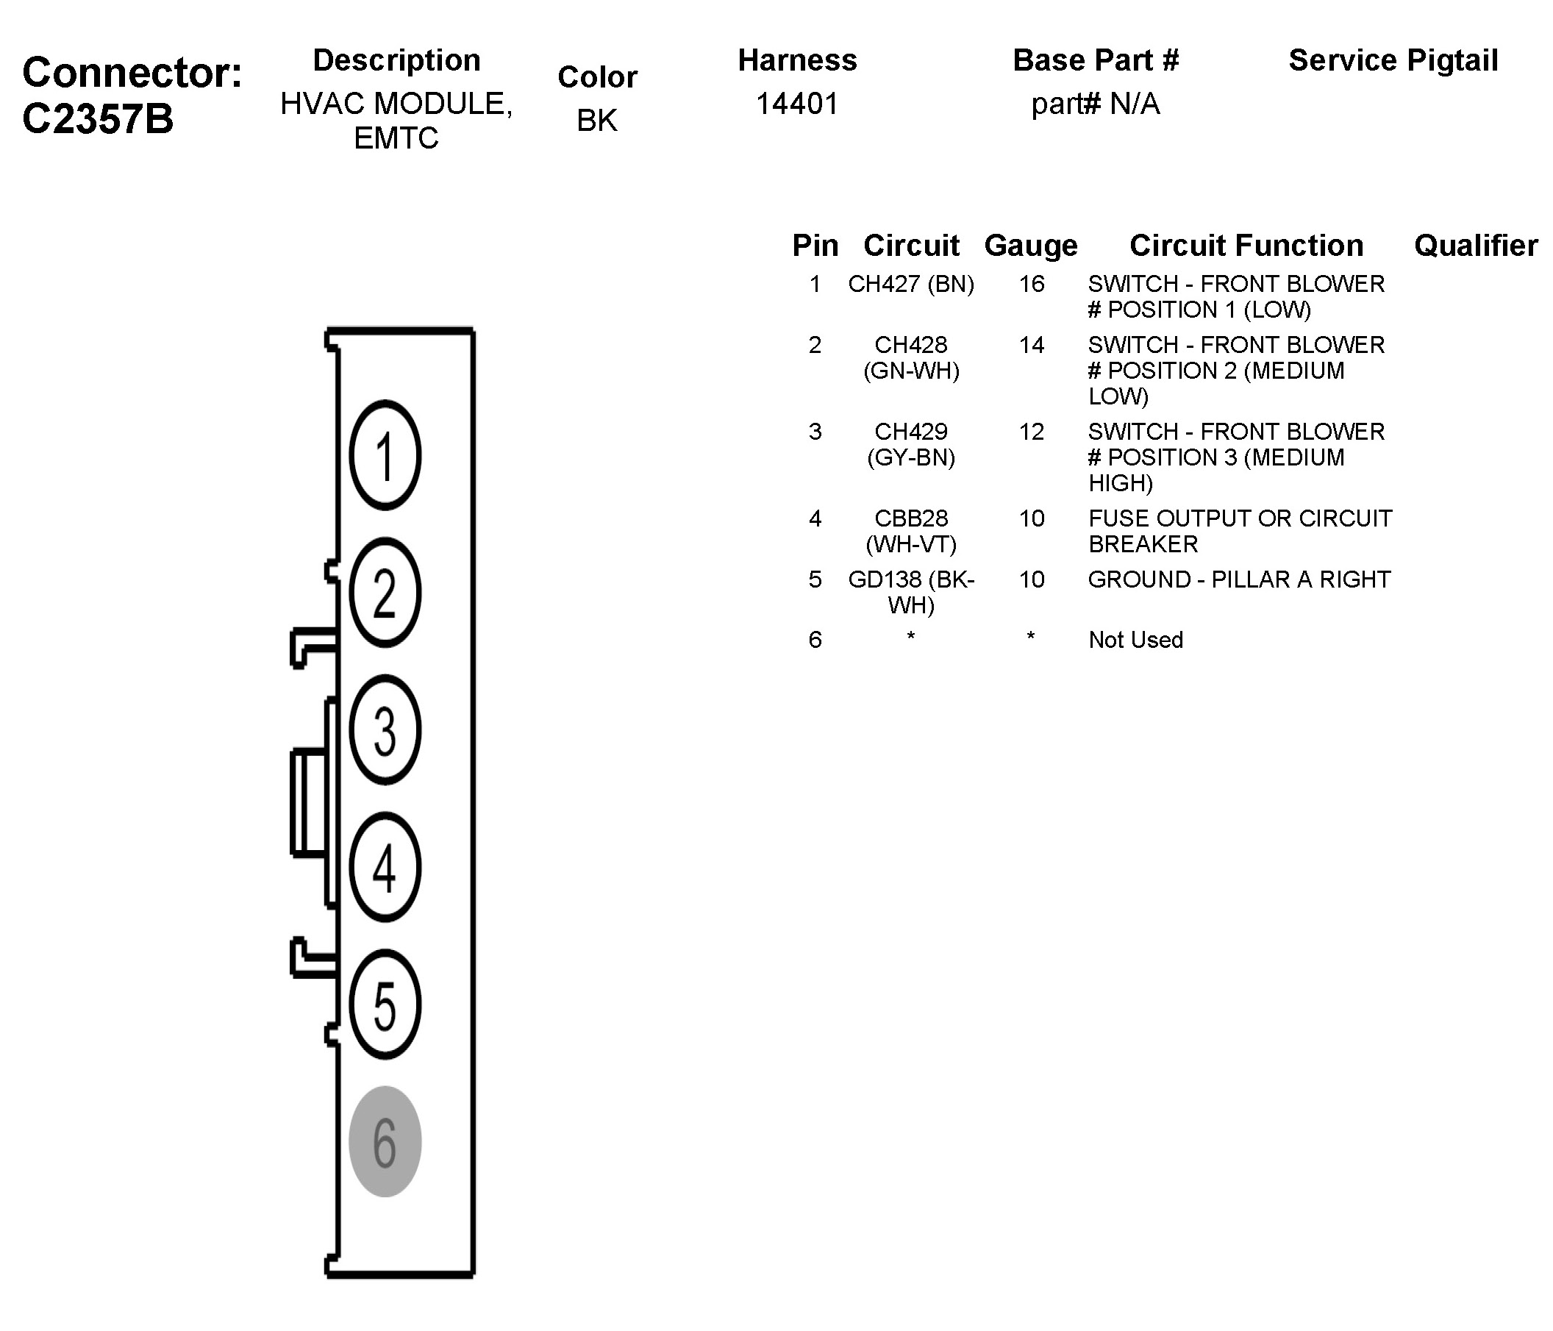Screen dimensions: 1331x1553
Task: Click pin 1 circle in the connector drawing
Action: tap(385, 455)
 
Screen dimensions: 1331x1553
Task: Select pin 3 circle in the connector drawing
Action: tap(385, 729)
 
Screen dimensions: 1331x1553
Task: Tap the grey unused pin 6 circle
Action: tap(385, 1141)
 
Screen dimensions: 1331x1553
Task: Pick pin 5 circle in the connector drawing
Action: tap(385, 1005)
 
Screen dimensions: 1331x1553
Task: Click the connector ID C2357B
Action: tap(98, 118)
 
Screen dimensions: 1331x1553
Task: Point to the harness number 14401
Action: tap(797, 104)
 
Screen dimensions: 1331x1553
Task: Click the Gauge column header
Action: tap(1031, 245)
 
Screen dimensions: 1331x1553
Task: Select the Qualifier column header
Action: tap(1475, 245)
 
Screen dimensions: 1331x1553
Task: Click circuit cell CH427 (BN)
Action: tap(910, 284)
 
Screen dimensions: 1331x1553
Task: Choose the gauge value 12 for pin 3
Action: tap(1032, 432)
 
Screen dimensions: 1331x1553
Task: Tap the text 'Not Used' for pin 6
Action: tap(1135, 639)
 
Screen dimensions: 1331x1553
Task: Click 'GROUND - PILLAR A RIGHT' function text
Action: tap(1239, 579)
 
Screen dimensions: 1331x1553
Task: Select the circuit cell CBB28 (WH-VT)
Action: tap(910, 531)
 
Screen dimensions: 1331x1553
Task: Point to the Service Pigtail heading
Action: tap(1393, 60)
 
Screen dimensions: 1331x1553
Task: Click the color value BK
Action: tap(596, 120)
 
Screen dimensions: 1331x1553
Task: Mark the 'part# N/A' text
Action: tap(1095, 104)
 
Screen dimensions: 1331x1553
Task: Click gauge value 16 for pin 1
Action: tap(1032, 284)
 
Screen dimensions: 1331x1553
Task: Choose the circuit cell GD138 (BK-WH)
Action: tap(910, 591)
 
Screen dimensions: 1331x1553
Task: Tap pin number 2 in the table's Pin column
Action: tap(815, 345)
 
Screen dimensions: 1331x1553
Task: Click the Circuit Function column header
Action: tap(1246, 245)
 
